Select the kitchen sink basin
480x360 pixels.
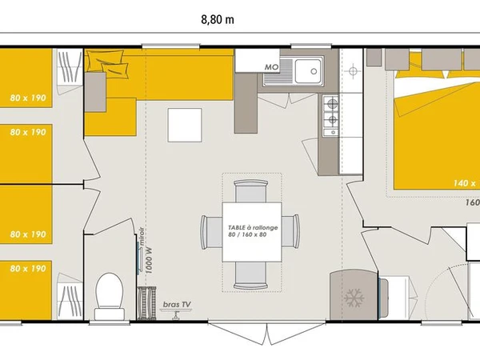[x=306, y=72]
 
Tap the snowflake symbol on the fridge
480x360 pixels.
[x=352, y=298]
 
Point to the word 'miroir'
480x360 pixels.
[x=141, y=237]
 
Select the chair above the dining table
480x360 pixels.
[x=251, y=193]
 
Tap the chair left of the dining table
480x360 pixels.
[x=210, y=233]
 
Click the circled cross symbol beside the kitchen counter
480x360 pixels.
[x=351, y=71]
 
